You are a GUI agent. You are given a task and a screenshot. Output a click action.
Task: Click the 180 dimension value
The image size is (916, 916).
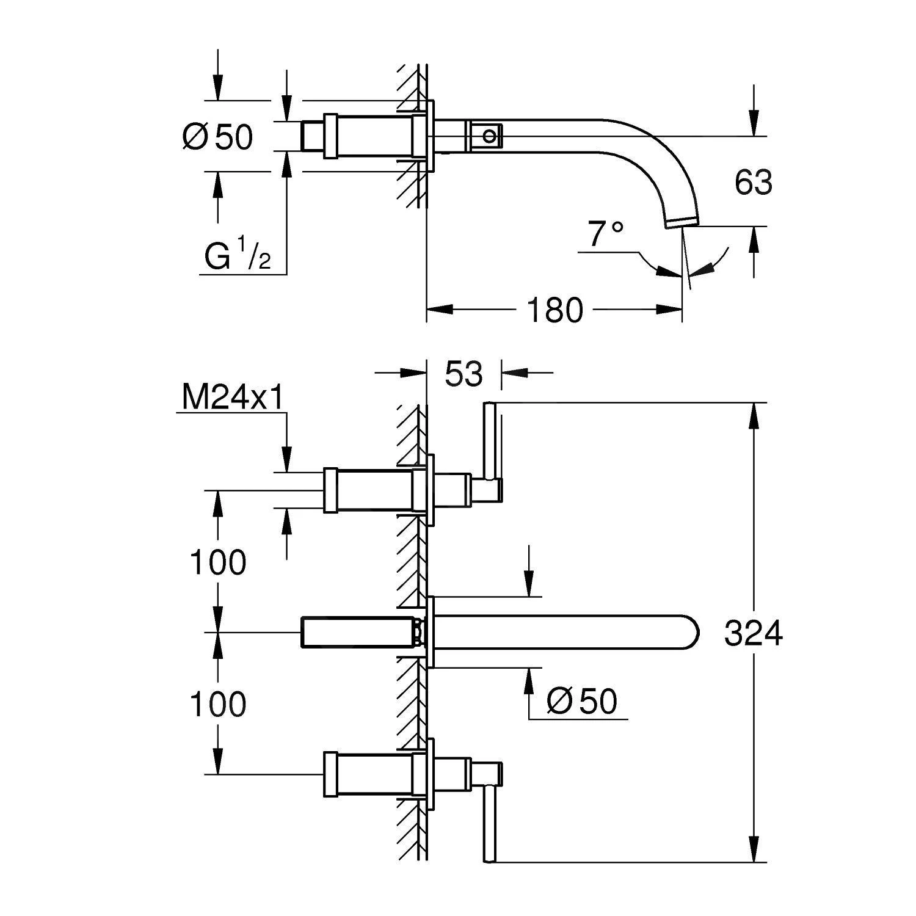[555, 310]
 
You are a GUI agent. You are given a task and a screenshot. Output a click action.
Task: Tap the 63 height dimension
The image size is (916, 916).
[754, 183]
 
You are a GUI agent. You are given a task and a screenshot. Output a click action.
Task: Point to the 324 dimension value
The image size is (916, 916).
[753, 633]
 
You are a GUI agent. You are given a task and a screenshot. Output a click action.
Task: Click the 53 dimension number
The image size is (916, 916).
[463, 374]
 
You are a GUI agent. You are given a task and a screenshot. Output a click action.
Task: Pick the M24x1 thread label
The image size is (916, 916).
[233, 399]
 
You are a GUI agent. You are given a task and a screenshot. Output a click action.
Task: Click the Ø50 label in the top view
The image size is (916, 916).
[217, 137]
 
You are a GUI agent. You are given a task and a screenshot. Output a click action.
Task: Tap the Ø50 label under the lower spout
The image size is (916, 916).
[582, 701]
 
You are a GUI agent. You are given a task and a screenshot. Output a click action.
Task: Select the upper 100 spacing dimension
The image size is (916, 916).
[218, 562]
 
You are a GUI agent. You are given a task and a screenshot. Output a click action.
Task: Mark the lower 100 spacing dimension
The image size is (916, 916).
[218, 704]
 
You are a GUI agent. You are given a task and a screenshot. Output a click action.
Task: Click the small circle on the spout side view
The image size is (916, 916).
[490, 135]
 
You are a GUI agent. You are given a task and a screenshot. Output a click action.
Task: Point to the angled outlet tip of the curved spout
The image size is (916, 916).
[683, 222]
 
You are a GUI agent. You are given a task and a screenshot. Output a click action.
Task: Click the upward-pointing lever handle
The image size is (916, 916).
[490, 440]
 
